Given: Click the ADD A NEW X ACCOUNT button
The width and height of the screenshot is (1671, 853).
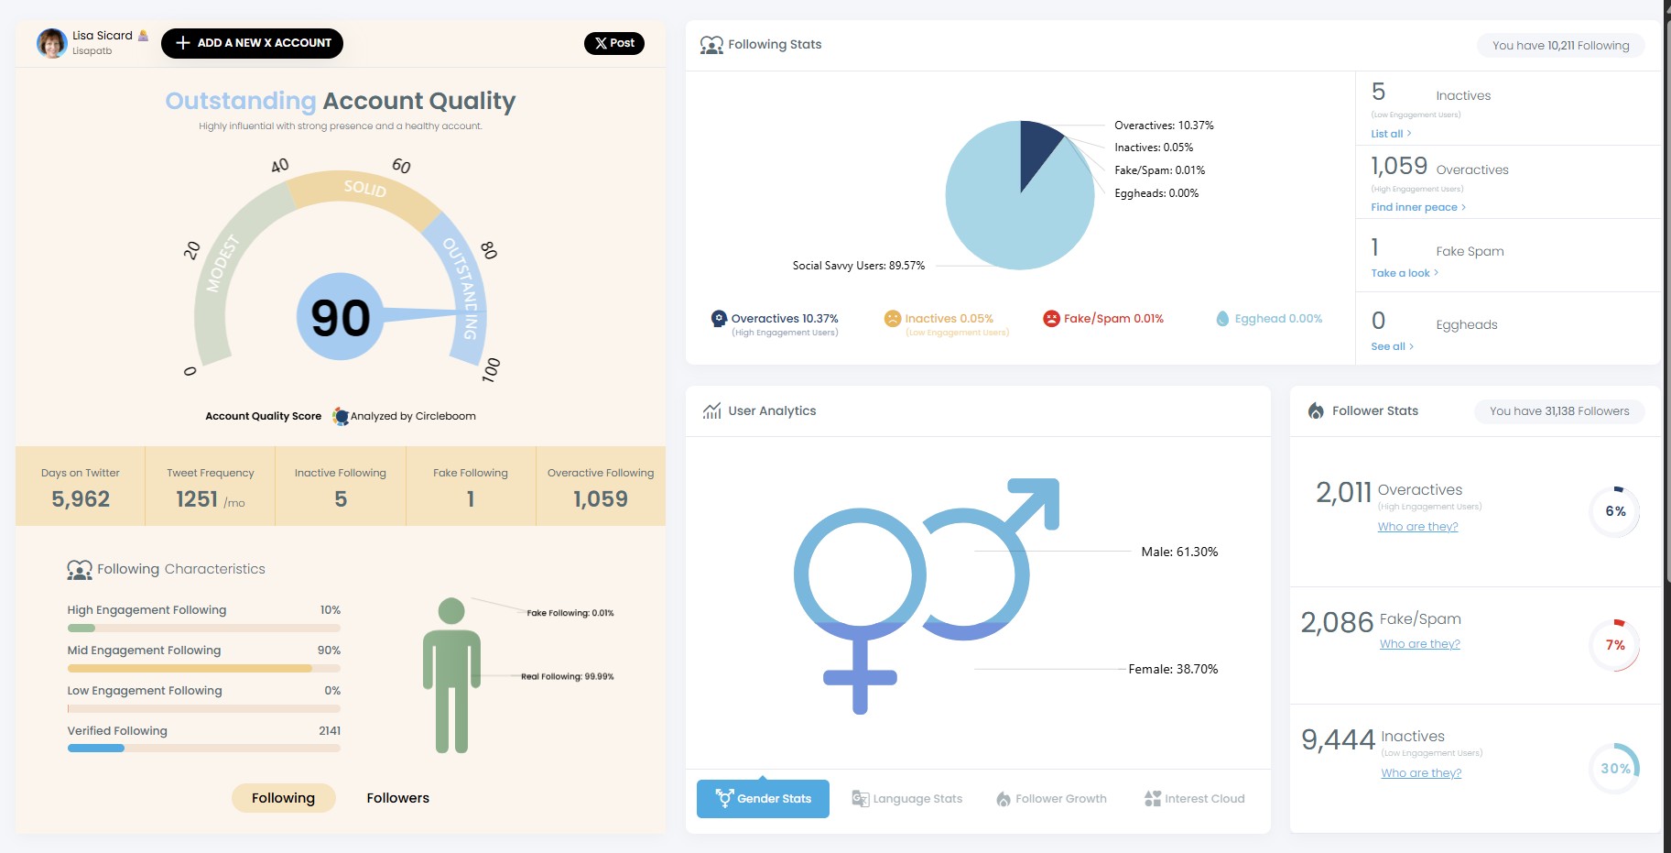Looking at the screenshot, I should point(252,43).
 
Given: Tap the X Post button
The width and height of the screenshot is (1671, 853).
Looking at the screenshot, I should point(614,43).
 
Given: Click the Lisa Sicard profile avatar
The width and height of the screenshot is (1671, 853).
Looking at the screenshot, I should point(51,43).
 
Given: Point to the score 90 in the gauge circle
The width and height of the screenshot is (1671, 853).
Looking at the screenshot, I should point(341,317).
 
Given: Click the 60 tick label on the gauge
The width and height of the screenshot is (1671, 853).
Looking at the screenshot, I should point(401,166).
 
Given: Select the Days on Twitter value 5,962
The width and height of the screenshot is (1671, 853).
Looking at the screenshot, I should point(81,498).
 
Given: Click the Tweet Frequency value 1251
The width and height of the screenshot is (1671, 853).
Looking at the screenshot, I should point(198,498).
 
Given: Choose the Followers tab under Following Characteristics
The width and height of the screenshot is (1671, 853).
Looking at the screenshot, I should point(397,798).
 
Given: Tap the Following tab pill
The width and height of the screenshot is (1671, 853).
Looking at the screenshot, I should point(283,798).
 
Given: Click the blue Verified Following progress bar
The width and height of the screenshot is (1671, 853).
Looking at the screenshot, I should point(96,748).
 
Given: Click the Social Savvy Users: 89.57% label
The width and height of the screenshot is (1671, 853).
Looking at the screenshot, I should point(858,266).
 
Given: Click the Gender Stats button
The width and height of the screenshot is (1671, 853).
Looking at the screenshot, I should point(763,798).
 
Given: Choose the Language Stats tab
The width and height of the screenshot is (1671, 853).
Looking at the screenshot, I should point(907,798).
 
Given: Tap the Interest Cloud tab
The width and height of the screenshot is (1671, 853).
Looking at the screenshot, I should point(1195,798).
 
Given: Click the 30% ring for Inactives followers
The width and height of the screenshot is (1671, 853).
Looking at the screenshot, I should point(1614,769).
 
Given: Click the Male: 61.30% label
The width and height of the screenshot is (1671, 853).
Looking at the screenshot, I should point(1179,552).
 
